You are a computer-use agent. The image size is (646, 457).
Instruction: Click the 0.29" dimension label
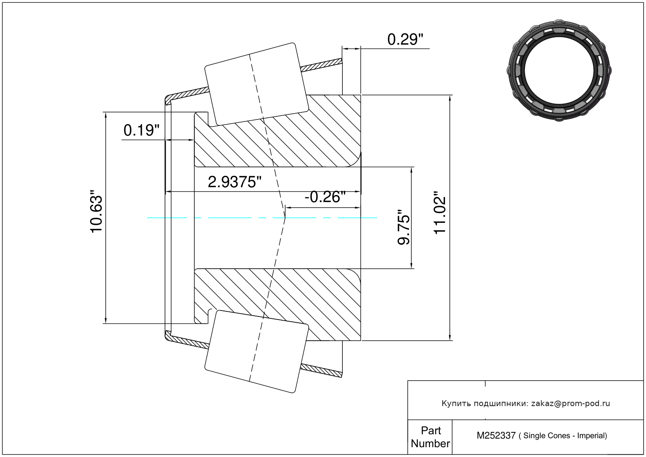tap(405, 40)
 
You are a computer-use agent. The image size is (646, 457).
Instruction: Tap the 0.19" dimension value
tap(141, 130)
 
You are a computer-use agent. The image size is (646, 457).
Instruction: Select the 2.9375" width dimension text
tap(234, 182)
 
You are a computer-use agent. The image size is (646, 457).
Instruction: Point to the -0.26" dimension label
tap(325, 197)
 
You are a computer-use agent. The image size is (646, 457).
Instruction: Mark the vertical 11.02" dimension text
tap(440, 213)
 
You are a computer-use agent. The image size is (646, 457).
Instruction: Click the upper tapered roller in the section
tap(257, 84)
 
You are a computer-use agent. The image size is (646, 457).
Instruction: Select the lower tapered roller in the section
tap(257, 352)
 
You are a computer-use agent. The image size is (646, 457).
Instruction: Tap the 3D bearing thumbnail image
tap(559, 70)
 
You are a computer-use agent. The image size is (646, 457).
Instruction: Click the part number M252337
tap(496, 436)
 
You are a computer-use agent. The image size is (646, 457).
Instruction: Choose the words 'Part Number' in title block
tap(430, 437)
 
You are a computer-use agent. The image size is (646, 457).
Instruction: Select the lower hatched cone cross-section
tap(277, 305)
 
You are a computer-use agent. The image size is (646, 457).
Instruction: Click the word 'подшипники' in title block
tap(501, 404)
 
